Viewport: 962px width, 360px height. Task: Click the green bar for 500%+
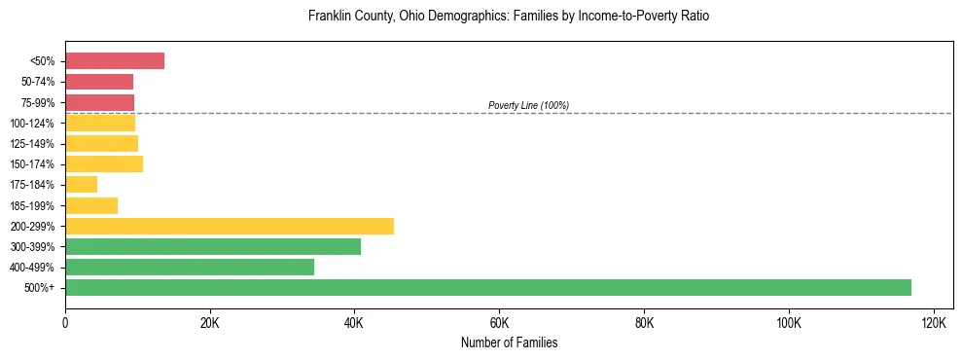click(488, 287)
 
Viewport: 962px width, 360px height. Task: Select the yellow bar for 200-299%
click(230, 226)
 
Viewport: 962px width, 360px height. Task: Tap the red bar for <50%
click(115, 60)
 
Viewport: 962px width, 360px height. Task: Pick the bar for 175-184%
click(82, 184)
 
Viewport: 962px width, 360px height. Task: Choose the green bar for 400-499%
click(190, 267)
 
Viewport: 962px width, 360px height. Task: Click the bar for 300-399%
click(213, 246)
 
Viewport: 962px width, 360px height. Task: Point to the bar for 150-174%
click(104, 163)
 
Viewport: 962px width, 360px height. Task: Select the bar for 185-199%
click(91, 205)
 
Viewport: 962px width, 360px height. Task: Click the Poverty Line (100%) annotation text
click(528, 105)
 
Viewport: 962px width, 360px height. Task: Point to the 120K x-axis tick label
click(933, 323)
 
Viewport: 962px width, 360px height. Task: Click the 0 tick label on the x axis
click(65, 323)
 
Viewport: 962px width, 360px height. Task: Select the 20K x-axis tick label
click(209, 323)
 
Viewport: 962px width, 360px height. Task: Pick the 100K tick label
click(788, 323)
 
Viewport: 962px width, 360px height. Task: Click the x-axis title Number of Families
click(509, 343)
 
